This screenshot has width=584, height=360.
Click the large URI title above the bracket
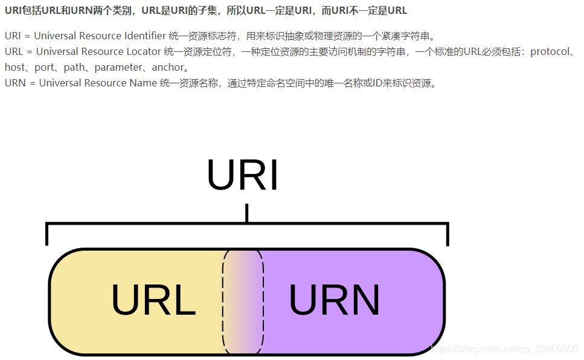243,176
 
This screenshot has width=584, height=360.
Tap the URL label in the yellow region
153,300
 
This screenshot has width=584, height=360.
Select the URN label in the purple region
334,300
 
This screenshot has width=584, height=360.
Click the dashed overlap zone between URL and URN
243,301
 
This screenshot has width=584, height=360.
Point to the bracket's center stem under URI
246,213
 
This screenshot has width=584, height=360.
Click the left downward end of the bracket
47,236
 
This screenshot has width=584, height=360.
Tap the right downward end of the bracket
448,236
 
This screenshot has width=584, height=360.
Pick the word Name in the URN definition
143,83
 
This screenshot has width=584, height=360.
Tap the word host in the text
14,68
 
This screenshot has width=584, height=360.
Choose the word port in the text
43,68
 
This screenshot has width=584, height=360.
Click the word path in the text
74,68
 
